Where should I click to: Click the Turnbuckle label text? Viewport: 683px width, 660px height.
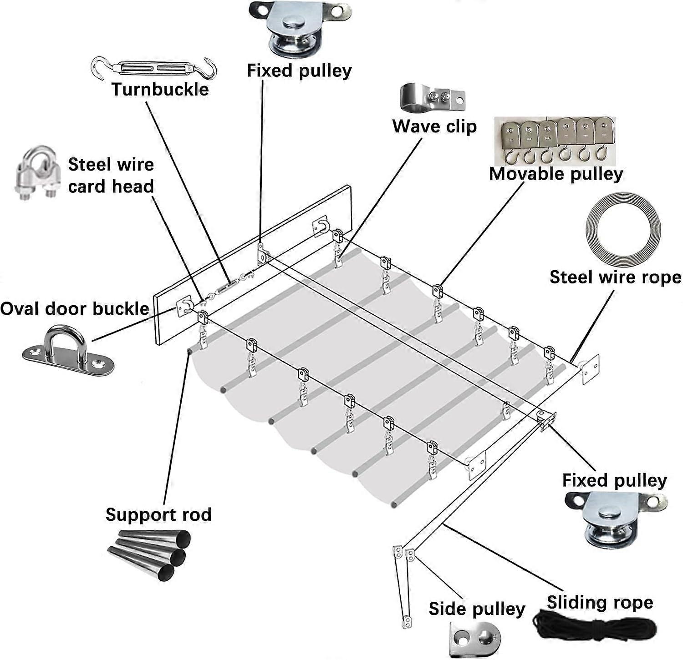[160, 89]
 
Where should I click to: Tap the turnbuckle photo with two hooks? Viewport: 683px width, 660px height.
[154, 68]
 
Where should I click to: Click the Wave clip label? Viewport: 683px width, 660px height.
[434, 126]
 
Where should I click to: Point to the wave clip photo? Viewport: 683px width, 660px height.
[432, 97]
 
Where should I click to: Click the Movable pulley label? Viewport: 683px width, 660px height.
[556, 174]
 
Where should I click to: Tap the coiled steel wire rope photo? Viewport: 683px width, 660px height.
[623, 232]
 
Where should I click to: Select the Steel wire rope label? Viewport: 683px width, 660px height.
[615, 277]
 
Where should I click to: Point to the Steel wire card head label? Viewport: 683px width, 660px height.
[111, 175]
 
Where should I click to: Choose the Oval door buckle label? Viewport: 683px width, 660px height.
[75, 309]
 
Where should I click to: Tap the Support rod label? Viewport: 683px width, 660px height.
[158, 514]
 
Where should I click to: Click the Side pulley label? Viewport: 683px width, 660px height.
[477, 609]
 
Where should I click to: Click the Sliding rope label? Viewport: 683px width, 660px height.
[600, 602]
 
